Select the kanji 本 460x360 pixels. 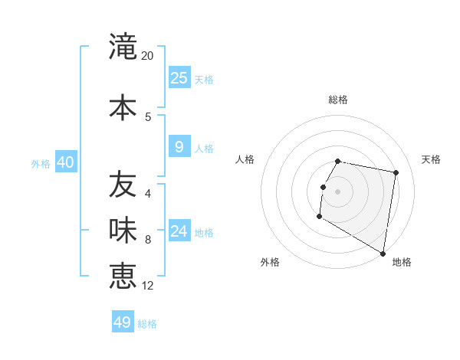click(x=123, y=107)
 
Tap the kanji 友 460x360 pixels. click(x=123, y=184)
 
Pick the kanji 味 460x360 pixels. click(x=123, y=228)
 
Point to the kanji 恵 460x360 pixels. click(x=123, y=275)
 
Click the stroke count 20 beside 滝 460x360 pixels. click(x=148, y=56)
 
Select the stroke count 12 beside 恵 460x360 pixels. click(x=149, y=286)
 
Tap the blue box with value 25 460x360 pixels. click(x=179, y=78)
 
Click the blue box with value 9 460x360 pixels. click(x=179, y=147)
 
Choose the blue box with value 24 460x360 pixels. click(x=179, y=231)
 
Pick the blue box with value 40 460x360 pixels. click(x=65, y=162)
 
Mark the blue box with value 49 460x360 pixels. click(x=123, y=322)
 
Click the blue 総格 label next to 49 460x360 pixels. click(x=147, y=324)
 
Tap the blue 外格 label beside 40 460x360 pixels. click(x=41, y=164)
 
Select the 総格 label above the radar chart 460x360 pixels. click(x=337, y=100)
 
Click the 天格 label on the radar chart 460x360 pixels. click(x=431, y=159)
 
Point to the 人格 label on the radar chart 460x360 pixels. click(x=245, y=159)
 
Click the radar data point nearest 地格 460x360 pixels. click(x=383, y=254)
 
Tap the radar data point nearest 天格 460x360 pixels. click(x=396, y=173)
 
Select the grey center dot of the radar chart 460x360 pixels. click(x=337, y=191)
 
